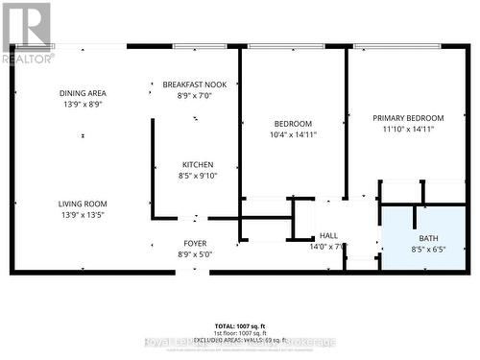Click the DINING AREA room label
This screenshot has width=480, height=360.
82,92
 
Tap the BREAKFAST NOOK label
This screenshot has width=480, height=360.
195,84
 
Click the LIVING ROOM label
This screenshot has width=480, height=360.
82,204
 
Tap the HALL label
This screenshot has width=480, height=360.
328,235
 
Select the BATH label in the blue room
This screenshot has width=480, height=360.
427,237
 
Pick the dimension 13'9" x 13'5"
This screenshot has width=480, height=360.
82,215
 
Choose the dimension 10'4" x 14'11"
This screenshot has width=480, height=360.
293,134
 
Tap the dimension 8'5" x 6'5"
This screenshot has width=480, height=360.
427,249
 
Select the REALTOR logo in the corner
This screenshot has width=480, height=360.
27,32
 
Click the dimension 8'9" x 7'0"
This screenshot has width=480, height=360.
195,95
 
